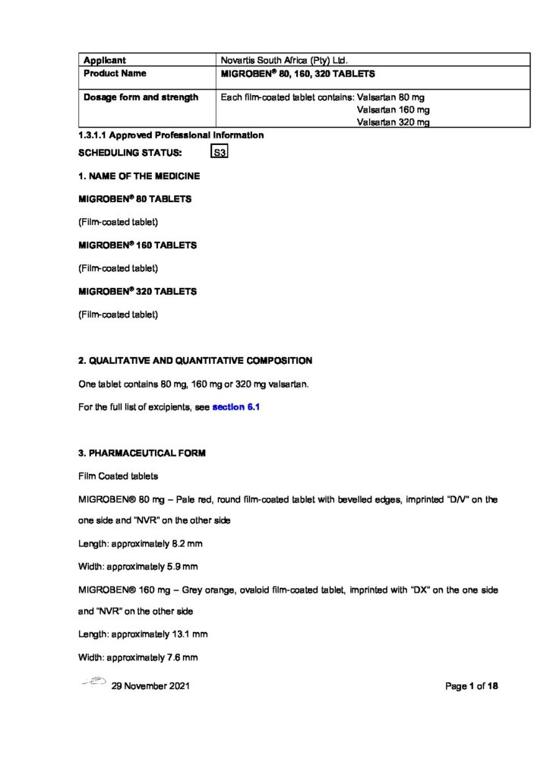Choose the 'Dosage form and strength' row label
(140, 97)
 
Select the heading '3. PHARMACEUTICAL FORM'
(141, 454)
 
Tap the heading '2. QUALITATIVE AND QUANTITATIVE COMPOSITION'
(195, 360)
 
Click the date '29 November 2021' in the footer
(150, 686)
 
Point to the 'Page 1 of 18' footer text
(471, 686)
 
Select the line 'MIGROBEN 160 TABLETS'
(137, 245)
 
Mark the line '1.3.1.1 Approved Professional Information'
(171, 135)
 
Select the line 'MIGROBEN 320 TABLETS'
(137, 291)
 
